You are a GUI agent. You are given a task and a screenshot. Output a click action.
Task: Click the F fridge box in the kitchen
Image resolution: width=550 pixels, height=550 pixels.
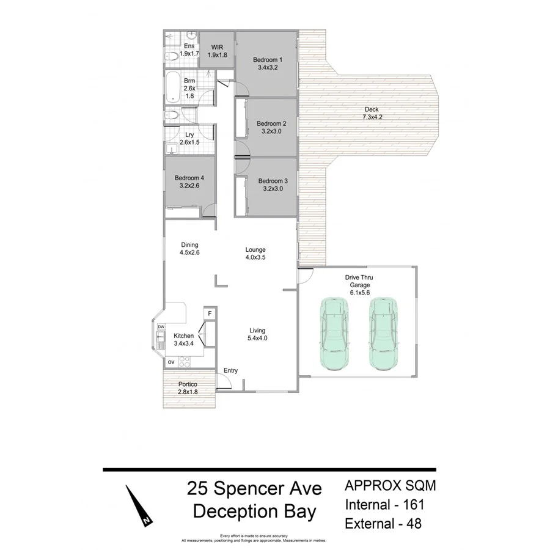(210, 314)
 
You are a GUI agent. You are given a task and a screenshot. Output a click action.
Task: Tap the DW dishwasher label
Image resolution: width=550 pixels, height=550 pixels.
(161, 327)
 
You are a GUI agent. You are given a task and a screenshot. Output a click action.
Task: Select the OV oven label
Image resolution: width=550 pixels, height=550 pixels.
(171, 362)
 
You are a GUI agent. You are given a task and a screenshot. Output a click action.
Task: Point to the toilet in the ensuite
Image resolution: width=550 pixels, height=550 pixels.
(172, 56)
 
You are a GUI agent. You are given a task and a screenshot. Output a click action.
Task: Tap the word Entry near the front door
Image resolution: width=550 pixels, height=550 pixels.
(230, 371)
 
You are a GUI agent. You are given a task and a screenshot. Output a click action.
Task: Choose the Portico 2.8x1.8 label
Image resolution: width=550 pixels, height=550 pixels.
(188, 388)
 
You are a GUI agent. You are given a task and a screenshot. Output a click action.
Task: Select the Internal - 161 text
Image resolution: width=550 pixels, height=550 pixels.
(384, 505)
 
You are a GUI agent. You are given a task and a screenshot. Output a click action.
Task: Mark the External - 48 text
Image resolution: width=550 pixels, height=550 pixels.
(383, 524)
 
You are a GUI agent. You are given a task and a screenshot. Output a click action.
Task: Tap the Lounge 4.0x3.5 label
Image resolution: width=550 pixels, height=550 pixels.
(255, 254)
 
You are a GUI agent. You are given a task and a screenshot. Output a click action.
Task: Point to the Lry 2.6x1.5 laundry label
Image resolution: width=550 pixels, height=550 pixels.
(189, 139)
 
